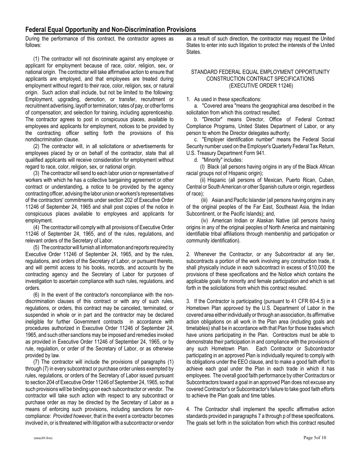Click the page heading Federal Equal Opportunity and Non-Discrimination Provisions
[x=111, y=30]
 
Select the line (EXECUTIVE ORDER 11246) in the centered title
[x=261, y=86]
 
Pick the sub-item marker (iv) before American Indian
[x=205, y=220]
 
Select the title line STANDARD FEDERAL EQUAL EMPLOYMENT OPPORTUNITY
[x=260, y=72]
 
